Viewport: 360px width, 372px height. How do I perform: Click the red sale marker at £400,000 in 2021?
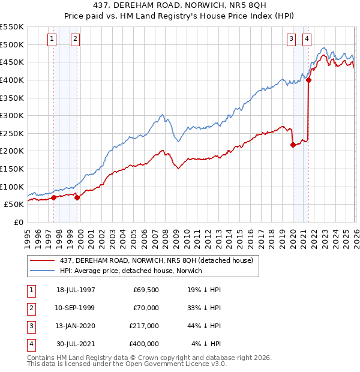308,80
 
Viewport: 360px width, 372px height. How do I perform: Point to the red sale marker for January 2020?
293,145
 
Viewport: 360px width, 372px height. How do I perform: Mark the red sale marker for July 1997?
54,197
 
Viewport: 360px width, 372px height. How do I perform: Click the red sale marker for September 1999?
77,197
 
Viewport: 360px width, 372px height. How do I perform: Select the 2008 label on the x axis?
165,237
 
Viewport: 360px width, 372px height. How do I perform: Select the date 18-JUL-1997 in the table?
76,290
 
